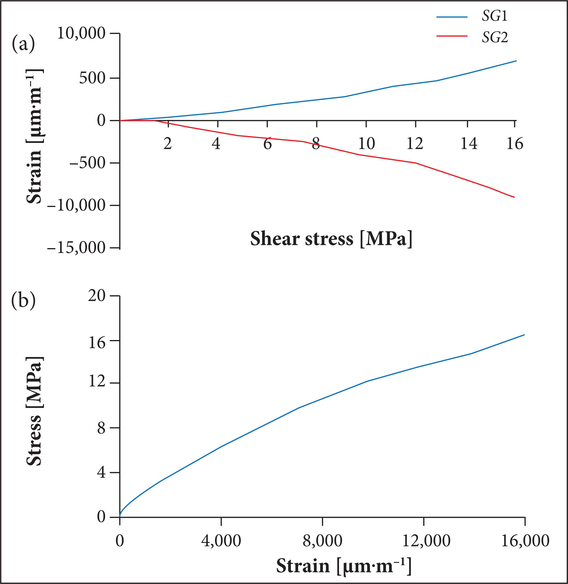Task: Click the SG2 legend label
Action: coord(495,38)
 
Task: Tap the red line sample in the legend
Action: coord(452,36)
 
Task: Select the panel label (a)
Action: coord(23,44)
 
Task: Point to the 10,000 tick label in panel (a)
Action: coord(81,33)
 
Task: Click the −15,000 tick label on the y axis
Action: coord(77,248)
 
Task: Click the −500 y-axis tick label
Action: coord(87,163)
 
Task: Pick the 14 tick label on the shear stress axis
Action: coord(469,144)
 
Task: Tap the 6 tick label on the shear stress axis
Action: coord(267,144)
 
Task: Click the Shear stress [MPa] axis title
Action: coord(331,239)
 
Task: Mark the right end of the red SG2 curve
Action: coord(514,197)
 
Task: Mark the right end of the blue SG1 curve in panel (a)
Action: coord(516,61)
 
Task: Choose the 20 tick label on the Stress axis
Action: coord(97,296)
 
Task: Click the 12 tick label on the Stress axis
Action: coord(97,383)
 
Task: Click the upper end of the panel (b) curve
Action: coord(524,335)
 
